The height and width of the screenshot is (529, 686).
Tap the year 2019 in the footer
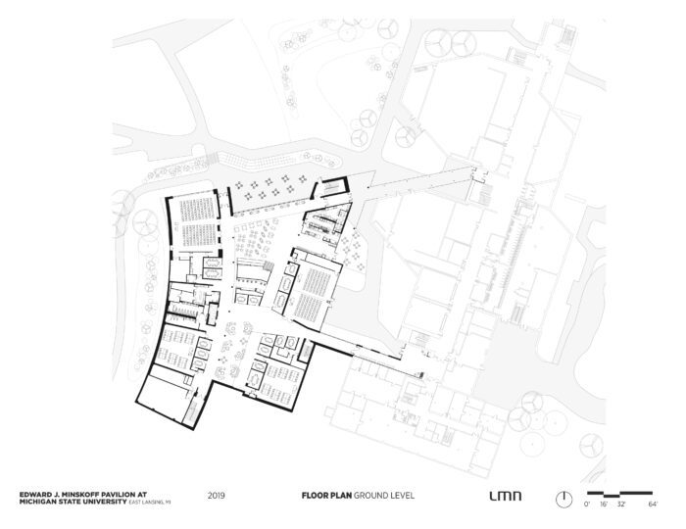pyautogui.click(x=217, y=496)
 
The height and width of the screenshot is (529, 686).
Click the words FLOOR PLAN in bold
pyautogui.click(x=326, y=496)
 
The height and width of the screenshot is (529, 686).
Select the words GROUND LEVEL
pyautogui.click(x=384, y=496)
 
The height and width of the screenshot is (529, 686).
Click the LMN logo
pyautogui.click(x=506, y=496)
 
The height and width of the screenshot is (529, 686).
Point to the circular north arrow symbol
pyautogui.click(x=563, y=500)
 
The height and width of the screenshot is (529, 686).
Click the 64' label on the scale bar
pyautogui.click(x=653, y=505)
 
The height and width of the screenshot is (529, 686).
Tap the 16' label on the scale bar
pyautogui.click(x=604, y=505)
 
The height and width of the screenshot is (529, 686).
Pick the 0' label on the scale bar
pyautogui.click(x=587, y=505)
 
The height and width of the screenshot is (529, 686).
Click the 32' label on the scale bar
pyautogui.click(x=621, y=505)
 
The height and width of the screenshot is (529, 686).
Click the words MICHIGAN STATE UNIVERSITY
pyautogui.click(x=73, y=502)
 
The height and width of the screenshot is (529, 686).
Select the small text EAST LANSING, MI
pyautogui.click(x=149, y=503)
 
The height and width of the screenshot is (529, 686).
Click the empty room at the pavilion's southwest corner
pyautogui.click(x=165, y=398)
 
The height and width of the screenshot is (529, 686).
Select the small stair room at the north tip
pyautogui.click(x=331, y=187)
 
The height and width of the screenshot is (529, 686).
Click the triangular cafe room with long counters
pyautogui.click(x=326, y=223)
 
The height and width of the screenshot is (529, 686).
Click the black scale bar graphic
pyautogui.click(x=619, y=495)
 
